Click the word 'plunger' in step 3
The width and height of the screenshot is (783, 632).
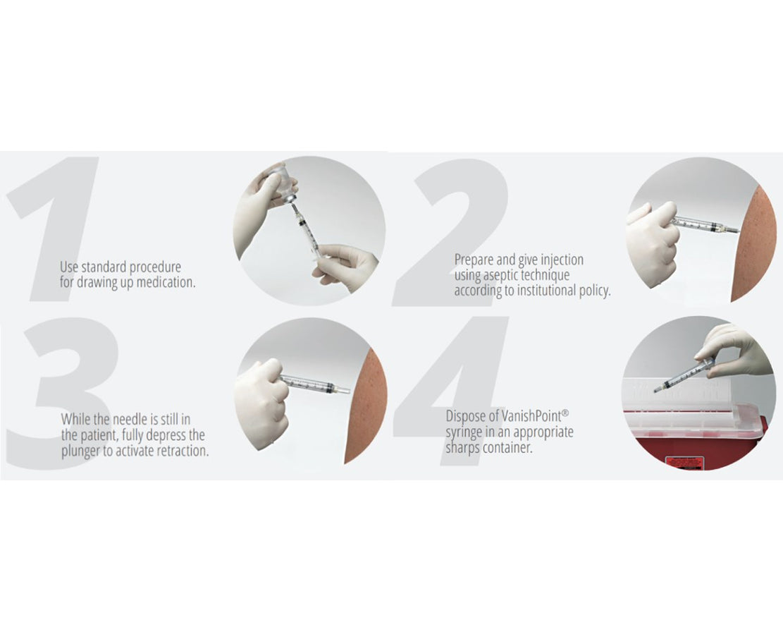pyautogui.click(x=80, y=451)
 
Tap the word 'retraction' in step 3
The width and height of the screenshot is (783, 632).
pyautogui.click(x=183, y=451)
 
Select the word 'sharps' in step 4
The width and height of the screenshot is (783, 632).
pyautogui.click(x=463, y=448)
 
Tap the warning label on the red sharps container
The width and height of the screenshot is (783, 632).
pyautogui.click(x=685, y=462)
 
